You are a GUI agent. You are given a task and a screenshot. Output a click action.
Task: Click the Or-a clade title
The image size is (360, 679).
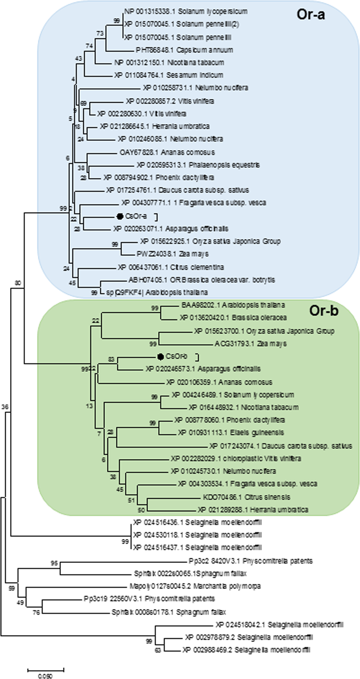311,14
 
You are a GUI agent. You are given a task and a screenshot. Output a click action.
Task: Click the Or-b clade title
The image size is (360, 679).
323,311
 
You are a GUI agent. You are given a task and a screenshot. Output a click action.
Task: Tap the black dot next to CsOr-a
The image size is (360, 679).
120,216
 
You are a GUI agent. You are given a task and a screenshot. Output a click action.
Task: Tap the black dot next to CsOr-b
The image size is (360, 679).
160,356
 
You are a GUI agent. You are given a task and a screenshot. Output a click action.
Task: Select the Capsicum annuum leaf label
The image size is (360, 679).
184,50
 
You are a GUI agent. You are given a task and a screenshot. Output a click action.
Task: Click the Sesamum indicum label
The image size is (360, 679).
169,75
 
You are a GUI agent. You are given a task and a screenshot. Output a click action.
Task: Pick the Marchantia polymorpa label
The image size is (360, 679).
195,586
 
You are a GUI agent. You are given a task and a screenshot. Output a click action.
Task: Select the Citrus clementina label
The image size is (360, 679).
171,267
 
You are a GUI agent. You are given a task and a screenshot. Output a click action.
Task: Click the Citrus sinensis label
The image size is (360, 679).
247,497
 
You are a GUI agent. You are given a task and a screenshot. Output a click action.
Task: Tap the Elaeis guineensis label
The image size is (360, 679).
231,433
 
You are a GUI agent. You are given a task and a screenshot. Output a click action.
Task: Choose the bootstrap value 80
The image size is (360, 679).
18,283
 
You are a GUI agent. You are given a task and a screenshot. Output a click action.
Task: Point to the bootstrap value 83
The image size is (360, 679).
111,360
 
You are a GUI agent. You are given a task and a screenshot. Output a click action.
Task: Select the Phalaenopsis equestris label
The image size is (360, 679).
198,165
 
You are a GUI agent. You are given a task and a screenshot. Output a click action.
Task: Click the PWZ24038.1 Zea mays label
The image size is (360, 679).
172,254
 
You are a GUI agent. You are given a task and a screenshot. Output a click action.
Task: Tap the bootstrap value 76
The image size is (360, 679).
36,613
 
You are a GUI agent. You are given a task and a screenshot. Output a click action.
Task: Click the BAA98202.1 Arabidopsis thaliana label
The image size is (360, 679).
233,305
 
